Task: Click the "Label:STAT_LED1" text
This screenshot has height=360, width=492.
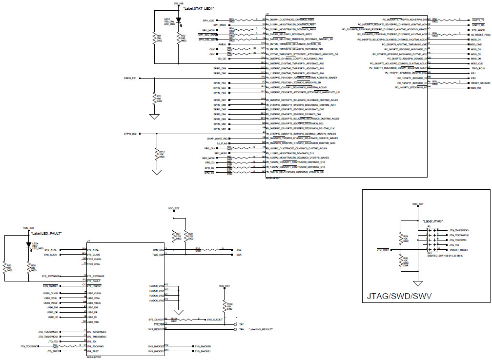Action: click(199, 9)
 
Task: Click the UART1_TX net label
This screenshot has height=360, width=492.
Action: click(478, 20)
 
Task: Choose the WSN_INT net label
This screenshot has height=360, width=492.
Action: click(476, 88)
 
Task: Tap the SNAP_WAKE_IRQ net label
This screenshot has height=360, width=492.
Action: click(216, 139)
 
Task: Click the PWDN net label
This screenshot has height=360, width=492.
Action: click(222, 44)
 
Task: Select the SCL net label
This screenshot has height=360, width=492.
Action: click(239, 249)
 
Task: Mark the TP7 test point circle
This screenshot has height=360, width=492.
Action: click(235, 324)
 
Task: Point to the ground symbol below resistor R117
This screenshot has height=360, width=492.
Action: click(156, 172)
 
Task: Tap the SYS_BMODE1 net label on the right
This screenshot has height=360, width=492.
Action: click(203, 351)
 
